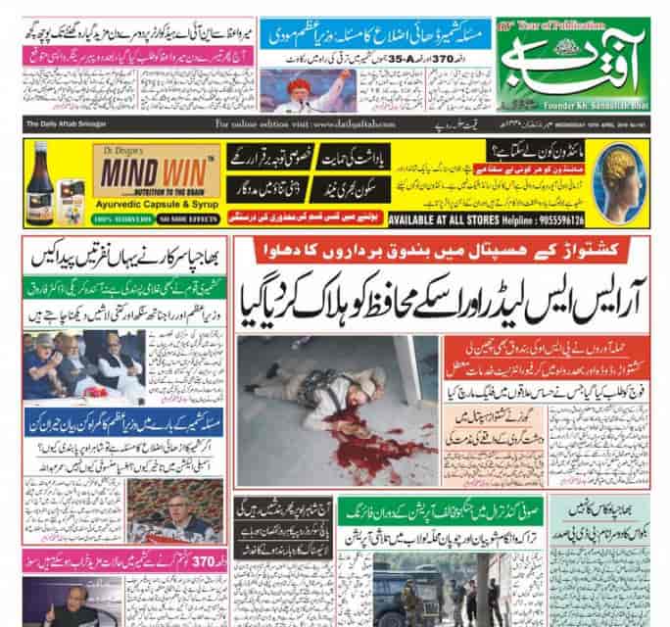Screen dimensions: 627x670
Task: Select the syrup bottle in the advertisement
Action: [42, 180]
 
